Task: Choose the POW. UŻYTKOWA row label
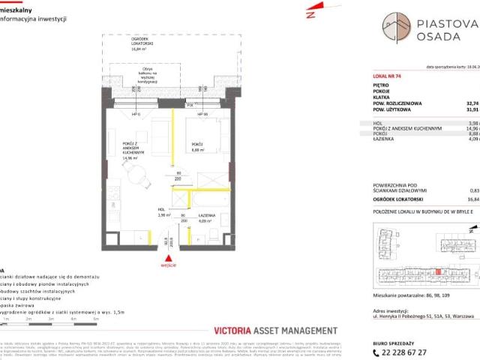coord(397,109)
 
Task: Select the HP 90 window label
coord(202,114)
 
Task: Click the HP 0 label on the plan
coord(137,114)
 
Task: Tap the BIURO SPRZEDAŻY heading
coord(395,340)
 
